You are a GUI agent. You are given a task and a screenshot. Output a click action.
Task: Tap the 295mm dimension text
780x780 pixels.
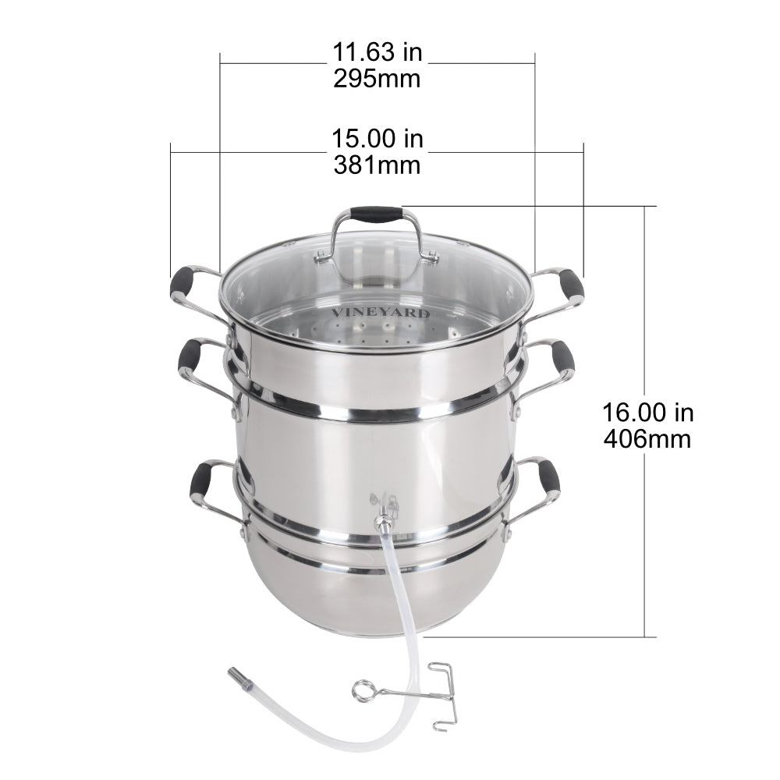(378, 79)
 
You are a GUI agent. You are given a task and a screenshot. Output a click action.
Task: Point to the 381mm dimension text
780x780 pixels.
(378, 165)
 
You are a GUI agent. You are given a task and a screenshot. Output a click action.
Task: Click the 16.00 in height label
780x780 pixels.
(647, 413)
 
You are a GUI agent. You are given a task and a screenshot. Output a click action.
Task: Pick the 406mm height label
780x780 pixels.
(647, 438)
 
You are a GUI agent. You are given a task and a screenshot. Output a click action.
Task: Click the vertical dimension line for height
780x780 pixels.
(644, 507)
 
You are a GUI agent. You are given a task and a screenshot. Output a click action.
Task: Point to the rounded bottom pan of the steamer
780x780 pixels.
(367, 585)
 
